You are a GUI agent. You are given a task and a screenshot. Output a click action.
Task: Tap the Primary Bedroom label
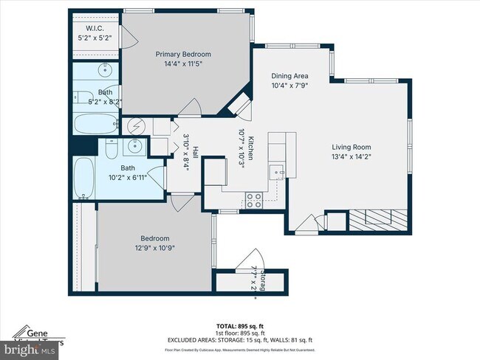click(182, 54)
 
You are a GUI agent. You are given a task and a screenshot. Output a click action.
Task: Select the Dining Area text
click(289, 76)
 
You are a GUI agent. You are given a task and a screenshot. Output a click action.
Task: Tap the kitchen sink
click(278, 173)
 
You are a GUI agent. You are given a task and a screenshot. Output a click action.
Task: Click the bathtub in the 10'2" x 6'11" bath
click(84, 178)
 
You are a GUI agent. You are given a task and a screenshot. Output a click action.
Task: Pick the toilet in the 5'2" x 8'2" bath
click(81, 97)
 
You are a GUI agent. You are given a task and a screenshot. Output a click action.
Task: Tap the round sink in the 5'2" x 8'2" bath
click(105, 72)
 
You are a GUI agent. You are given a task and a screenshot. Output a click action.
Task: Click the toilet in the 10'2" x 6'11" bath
click(109, 150)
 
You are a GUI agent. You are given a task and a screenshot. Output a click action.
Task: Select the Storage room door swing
click(244, 260)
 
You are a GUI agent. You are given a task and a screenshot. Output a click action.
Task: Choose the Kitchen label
click(250, 150)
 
